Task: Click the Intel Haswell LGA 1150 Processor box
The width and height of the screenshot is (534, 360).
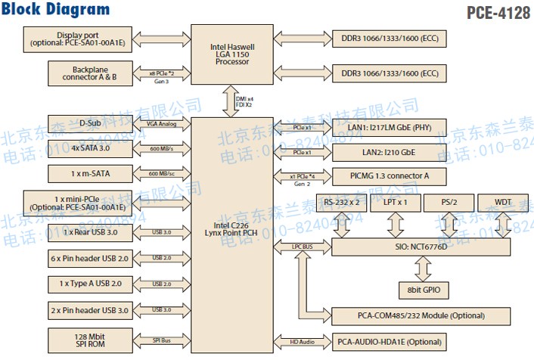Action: click(231, 54)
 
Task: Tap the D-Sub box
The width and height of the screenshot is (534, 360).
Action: click(79, 123)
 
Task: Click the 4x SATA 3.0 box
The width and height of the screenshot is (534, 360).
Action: click(79, 149)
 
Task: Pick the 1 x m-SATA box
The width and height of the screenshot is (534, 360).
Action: click(79, 174)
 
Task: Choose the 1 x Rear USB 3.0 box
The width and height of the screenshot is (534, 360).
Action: click(79, 232)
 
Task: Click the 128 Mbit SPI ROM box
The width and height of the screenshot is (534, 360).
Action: click(79, 340)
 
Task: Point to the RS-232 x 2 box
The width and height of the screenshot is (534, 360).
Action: click(346, 202)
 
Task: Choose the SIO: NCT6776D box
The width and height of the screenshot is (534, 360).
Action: click(426, 246)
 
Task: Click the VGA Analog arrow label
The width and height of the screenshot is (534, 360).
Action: click(161, 123)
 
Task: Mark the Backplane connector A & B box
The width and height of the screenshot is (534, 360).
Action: click(79, 73)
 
